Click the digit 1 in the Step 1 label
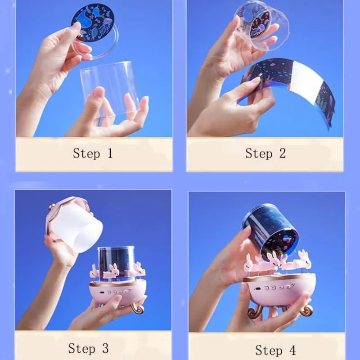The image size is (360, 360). click(x=110, y=153)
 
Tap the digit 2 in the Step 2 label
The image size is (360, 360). click(x=283, y=153)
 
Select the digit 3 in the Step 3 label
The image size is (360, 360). click(x=105, y=348)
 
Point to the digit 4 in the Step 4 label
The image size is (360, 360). click(x=292, y=351)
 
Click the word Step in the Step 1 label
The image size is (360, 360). click(x=86, y=153)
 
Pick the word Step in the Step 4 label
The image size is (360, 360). click(x=269, y=351)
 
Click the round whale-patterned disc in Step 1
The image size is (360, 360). click(x=93, y=22)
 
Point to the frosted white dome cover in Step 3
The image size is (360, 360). click(x=74, y=224)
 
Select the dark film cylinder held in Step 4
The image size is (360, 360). click(x=271, y=231)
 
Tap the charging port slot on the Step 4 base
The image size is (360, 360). click(x=257, y=289)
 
